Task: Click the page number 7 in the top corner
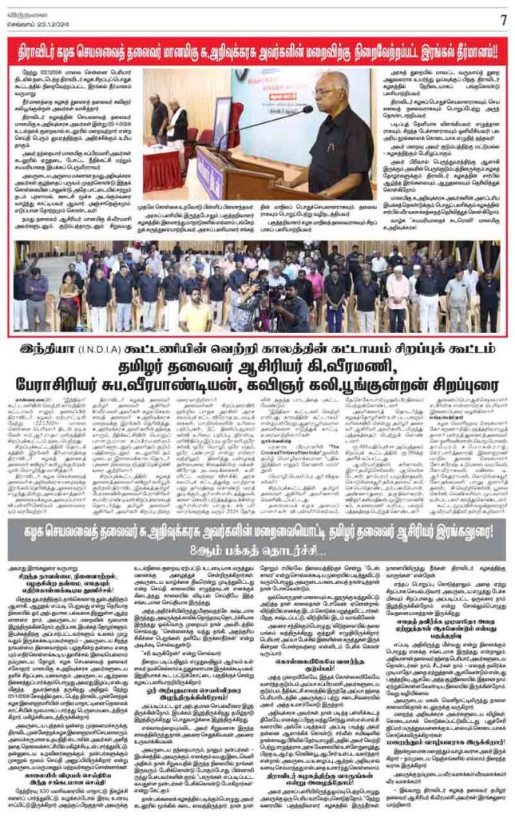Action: point(502,18)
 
